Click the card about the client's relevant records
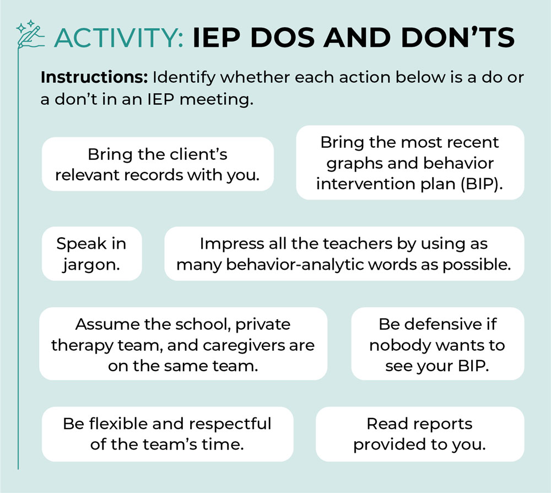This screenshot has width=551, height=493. [158, 164]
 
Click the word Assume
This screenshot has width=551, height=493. [109, 324]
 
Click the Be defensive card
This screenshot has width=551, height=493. [437, 344]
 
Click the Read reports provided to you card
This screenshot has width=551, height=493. [419, 434]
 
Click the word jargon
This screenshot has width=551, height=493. [91, 264]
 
